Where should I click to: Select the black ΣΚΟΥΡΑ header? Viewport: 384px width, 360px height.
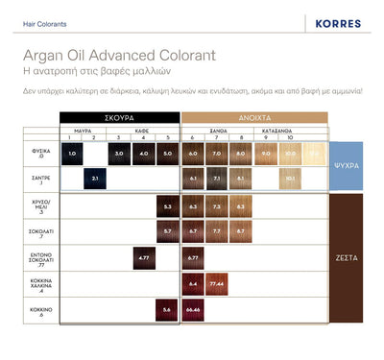pos(120,117)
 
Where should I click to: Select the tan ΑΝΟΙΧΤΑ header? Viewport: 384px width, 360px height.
pos(252,117)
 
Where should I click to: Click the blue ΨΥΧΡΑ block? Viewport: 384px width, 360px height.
pos(352,164)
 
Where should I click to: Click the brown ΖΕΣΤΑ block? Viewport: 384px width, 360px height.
pos(352,257)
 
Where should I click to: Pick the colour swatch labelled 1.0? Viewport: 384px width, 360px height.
pos(72,153)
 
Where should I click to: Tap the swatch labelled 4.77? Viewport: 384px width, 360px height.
pos(144,257)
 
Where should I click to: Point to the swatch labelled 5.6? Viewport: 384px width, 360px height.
pos(167,309)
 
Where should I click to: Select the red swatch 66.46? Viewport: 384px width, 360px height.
pos(193,309)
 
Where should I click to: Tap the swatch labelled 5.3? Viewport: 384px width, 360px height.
pos(167,205)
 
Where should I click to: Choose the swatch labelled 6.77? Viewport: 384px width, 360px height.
pos(193,257)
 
